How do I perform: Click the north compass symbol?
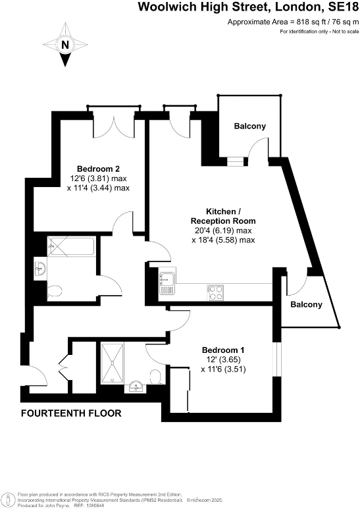(64, 45)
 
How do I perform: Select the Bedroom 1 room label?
(222, 350)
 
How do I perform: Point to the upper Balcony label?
(250, 126)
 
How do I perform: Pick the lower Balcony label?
(307, 304)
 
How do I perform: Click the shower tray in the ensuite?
(113, 361)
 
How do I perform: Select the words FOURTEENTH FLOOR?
(71, 414)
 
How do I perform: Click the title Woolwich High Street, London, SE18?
(248, 8)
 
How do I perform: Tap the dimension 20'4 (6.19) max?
(222, 230)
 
